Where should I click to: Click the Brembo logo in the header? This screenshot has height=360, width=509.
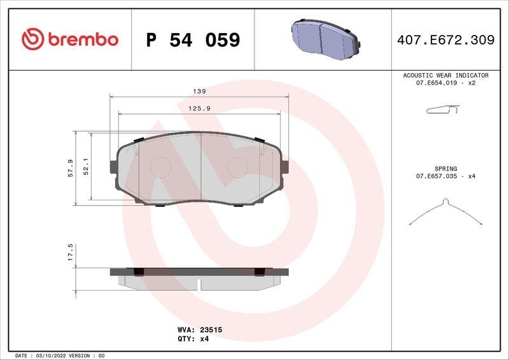click(x=70, y=39)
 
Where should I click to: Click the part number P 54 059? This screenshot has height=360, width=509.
click(x=193, y=40)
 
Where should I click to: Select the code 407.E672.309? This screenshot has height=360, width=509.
click(x=445, y=40)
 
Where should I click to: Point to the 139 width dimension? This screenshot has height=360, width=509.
click(x=199, y=91)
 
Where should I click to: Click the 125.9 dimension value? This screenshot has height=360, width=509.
click(x=199, y=109)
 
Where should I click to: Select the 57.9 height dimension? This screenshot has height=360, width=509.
click(x=71, y=168)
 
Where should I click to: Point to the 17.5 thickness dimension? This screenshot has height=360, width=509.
click(x=71, y=250)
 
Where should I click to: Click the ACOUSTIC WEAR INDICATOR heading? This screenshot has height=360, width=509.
click(x=445, y=75)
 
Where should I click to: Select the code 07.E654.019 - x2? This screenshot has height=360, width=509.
click(x=445, y=83)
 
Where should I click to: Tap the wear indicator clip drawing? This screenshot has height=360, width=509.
click(x=442, y=111)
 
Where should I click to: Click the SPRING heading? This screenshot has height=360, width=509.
click(x=445, y=169)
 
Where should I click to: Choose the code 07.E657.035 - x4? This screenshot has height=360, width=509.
click(x=445, y=176)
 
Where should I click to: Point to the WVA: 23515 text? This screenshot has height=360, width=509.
click(x=199, y=330)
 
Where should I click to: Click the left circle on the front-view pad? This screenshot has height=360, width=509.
click(x=160, y=167)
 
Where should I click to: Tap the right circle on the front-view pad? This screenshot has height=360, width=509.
click(x=238, y=167)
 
